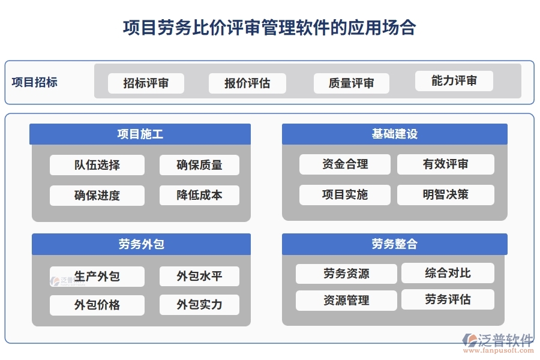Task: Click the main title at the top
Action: (x=269, y=28)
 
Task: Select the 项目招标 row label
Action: (x=35, y=82)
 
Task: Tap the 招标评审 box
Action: (x=146, y=83)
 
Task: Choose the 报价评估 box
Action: (x=247, y=83)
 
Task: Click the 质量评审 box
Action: (x=351, y=83)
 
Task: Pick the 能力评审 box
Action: (x=454, y=81)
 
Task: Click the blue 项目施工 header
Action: (x=140, y=134)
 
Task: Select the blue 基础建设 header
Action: (x=394, y=134)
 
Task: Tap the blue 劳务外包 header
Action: (x=141, y=244)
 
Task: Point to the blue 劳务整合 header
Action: (x=394, y=244)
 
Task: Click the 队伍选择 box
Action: (x=97, y=165)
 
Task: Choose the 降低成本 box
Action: (x=199, y=195)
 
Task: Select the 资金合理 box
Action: (x=345, y=164)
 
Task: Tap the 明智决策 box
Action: (x=445, y=194)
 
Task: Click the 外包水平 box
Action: (x=199, y=276)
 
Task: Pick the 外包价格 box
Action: (x=97, y=305)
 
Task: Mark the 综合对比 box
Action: (x=448, y=273)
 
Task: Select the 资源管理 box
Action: (x=346, y=300)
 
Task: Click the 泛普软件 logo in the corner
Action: (x=497, y=340)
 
